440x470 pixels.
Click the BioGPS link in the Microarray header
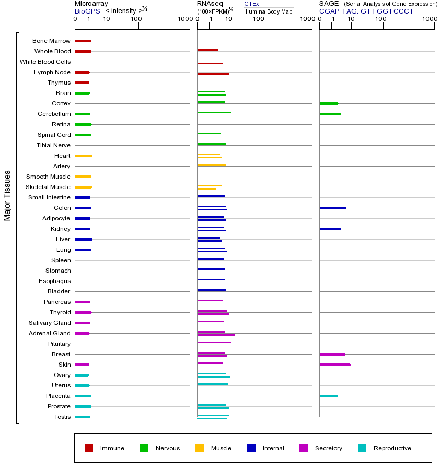click(x=86, y=11)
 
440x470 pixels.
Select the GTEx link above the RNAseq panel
click(x=251, y=4)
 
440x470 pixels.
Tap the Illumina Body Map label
click(x=268, y=11)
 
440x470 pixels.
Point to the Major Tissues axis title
click(x=7, y=195)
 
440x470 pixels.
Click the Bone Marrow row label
click(x=51, y=41)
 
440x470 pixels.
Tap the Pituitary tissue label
click(x=59, y=344)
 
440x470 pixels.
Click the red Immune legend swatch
click(x=89, y=448)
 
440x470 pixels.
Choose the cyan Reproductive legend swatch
click(x=362, y=448)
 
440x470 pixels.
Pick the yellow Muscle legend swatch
click(x=200, y=448)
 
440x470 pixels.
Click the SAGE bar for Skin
click(x=334, y=365)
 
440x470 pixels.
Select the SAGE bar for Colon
click(x=332, y=208)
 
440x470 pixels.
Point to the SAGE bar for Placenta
click(x=328, y=396)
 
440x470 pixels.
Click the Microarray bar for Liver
click(x=84, y=239)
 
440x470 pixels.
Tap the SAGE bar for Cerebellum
click(x=330, y=114)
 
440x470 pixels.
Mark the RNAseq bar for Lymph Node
click(x=213, y=74)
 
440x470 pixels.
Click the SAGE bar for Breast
click(x=332, y=354)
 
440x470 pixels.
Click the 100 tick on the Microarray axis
click(x=136, y=19)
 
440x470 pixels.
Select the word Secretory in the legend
click(x=329, y=448)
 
